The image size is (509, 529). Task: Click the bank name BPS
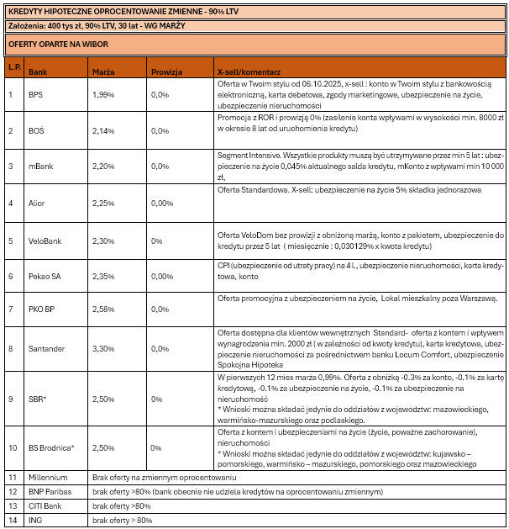pyautogui.click(x=35, y=95)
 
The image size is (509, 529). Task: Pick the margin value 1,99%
pyautogui.click(x=102, y=95)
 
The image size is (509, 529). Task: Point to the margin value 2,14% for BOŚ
pyautogui.click(x=102, y=131)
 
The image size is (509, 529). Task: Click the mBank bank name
pyautogui.click(x=40, y=167)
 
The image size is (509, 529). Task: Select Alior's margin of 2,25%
pyautogui.click(x=102, y=203)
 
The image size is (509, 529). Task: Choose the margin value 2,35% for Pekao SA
pyautogui.click(x=102, y=276)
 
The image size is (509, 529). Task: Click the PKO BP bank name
pyautogui.click(x=41, y=309)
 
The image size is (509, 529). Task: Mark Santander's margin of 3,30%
pyautogui.click(x=102, y=348)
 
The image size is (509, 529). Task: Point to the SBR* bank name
pyautogui.click(x=37, y=399)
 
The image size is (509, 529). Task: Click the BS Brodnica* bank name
pyautogui.click(x=51, y=447)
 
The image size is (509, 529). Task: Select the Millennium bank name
pyautogui.click(x=47, y=478)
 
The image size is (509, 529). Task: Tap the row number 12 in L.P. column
pyautogui.click(x=13, y=491)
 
